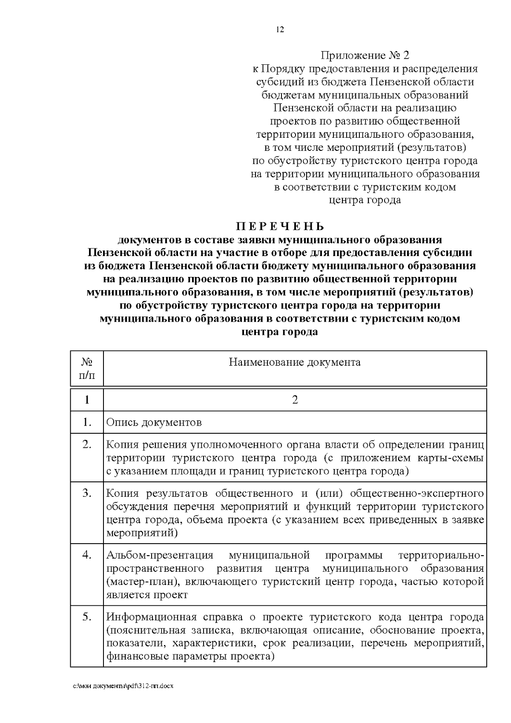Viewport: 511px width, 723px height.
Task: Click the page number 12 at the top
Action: tap(280, 29)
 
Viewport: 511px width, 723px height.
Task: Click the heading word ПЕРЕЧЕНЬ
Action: tap(280, 226)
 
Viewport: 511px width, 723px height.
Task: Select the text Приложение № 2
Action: tap(365, 55)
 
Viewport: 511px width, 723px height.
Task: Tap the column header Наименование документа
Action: tap(295, 362)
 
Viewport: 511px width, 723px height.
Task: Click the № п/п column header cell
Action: tap(87, 369)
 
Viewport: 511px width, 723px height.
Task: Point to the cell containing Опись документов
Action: tap(154, 422)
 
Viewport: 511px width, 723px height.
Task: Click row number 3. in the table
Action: tap(87, 493)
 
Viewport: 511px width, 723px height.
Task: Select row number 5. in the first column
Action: tap(87, 616)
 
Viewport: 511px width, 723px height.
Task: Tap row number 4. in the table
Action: tap(87, 555)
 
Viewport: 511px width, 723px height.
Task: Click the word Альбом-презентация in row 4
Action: tap(159, 556)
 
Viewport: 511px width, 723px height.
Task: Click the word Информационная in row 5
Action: tap(151, 617)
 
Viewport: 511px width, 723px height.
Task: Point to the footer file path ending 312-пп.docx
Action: tap(123, 686)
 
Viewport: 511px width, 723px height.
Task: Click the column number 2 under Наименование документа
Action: tap(295, 400)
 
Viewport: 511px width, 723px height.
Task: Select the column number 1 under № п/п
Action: tap(87, 400)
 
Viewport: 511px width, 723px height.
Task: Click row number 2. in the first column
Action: tap(87, 444)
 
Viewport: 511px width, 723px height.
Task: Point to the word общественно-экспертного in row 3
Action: tap(417, 493)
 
